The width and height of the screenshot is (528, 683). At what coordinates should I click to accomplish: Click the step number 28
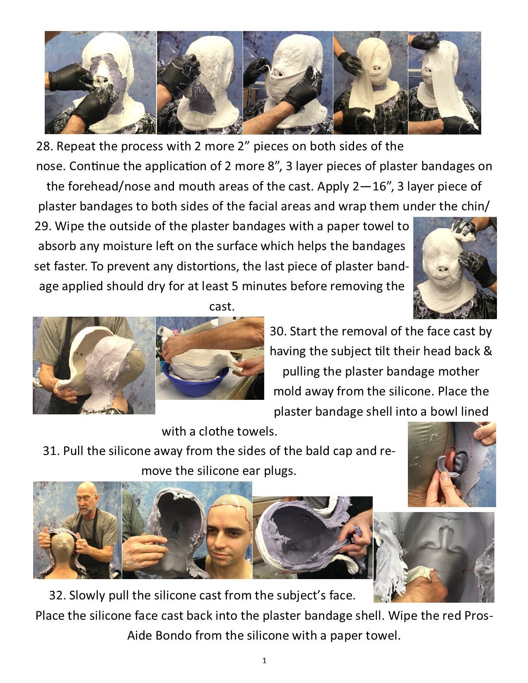(x=45, y=147)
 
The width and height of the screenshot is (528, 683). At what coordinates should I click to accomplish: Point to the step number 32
(x=58, y=596)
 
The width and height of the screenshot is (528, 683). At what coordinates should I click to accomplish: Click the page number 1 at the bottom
(x=264, y=660)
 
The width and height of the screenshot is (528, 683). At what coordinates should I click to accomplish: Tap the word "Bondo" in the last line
(x=173, y=635)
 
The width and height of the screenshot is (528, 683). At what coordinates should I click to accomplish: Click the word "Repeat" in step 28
(x=76, y=147)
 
